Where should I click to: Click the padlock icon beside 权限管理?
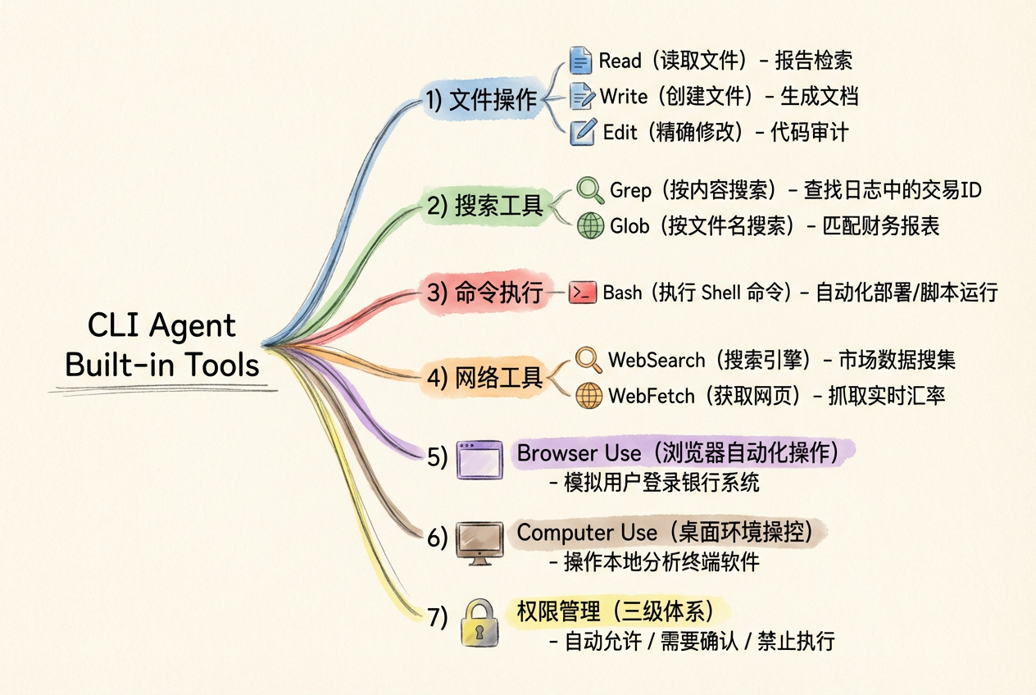tap(480, 621)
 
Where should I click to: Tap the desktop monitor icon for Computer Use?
tap(479, 542)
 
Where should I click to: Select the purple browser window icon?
tap(479, 459)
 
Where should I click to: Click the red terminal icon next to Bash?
tap(582, 293)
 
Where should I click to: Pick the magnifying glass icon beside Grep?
tap(590, 189)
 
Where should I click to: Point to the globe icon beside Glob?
tap(590, 225)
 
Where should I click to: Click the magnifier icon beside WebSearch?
tap(588, 360)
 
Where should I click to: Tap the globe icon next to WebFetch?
tap(588, 396)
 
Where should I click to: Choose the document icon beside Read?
tap(580, 61)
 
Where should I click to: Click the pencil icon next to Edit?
tap(582, 131)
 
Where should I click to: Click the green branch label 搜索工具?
tap(498, 206)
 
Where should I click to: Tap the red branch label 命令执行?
tap(498, 293)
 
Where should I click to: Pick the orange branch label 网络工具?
tap(498, 378)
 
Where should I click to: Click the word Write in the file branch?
tap(623, 96)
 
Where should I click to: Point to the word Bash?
tap(622, 293)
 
